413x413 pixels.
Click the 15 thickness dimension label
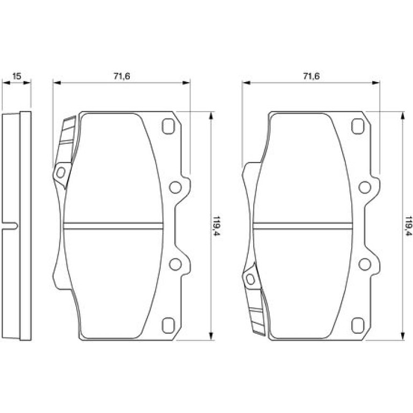[17, 76]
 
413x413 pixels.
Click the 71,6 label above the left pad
[122, 76]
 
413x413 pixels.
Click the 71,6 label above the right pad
[311, 76]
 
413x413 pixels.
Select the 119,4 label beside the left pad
[216, 226]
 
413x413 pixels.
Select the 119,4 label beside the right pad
[409, 226]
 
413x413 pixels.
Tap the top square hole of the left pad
[168, 127]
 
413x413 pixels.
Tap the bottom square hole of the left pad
[168, 326]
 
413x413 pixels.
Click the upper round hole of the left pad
[175, 187]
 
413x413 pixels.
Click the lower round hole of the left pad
[175, 264]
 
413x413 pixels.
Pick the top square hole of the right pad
[358, 127]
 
